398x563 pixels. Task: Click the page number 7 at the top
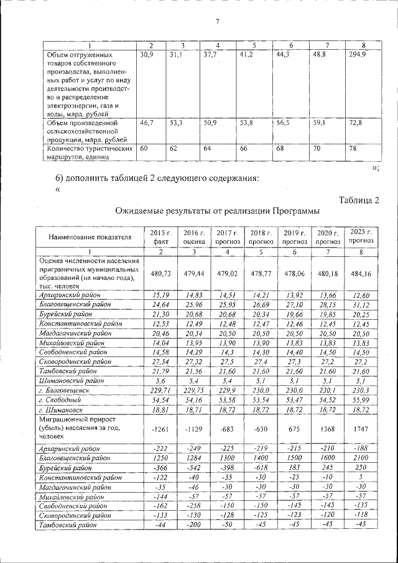point(218,22)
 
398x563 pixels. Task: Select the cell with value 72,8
point(356,123)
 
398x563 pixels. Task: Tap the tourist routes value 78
point(353,149)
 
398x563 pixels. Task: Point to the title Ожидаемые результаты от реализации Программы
point(213,212)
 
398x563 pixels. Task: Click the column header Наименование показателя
point(87,236)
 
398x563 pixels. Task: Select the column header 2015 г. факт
point(160,236)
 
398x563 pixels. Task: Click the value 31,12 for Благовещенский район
point(361,305)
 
